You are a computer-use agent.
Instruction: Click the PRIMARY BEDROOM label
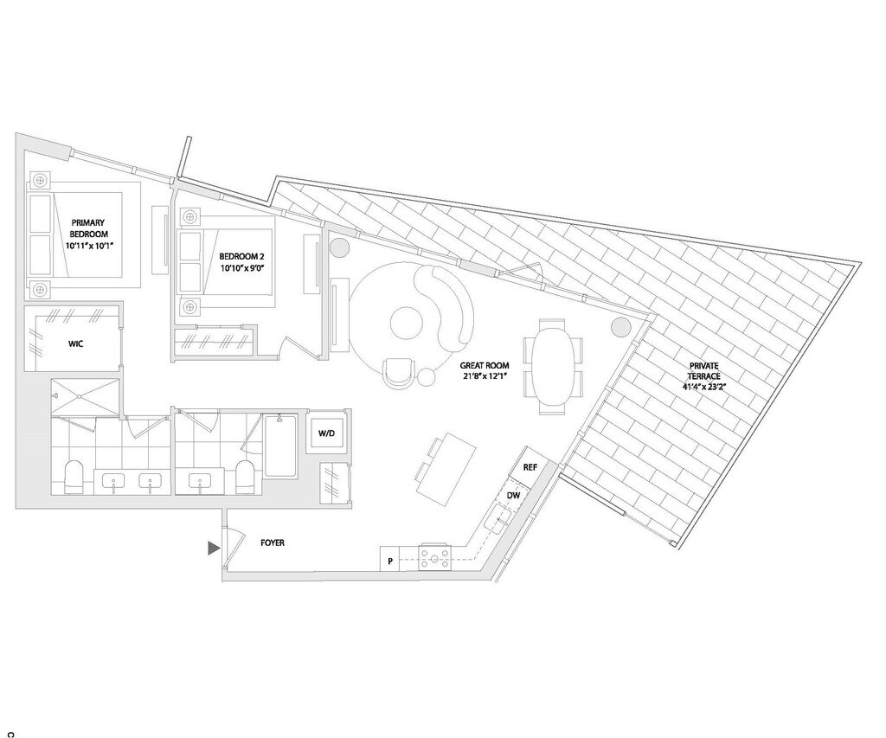coord(89,234)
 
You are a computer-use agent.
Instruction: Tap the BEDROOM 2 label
coord(242,262)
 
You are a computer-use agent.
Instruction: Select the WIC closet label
coord(75,343)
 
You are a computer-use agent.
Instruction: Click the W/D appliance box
coord(327,433)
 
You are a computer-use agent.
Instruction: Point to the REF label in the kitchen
coord(530,467)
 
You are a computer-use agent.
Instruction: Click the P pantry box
coord(390,561)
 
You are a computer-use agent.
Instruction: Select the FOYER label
coord(273,543)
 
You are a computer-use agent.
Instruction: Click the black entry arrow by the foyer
coord(213,548)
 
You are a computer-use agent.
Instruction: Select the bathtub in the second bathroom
coord(280,446)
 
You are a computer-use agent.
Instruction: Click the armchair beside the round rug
coord(397,373)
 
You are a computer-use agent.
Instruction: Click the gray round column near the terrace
coord(620,326)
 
